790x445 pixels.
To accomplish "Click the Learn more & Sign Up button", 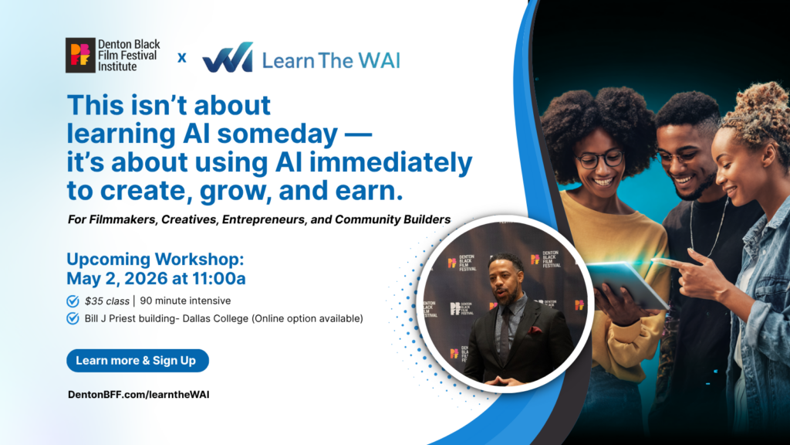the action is click(137, 361).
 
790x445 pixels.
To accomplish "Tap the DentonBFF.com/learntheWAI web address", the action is click(139, 395).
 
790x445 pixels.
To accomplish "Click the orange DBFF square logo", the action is click(80, 55).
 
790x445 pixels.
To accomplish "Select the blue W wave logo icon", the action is click(228, 57).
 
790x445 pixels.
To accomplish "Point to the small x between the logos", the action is click(182, 58).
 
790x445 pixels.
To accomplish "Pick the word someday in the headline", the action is click(278, 134).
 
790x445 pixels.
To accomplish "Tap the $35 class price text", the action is click(106, 301).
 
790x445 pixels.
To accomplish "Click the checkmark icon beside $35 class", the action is click(73, 301).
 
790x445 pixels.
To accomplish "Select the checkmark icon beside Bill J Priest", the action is click(73, 319).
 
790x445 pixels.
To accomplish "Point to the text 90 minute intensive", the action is click(185, 301).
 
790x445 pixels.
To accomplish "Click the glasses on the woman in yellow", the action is click(600, 160).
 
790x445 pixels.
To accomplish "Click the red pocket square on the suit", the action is click(535, 331).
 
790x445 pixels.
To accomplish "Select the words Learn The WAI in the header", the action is click(331, 60).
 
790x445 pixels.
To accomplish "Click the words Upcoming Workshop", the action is click(155, 260).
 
